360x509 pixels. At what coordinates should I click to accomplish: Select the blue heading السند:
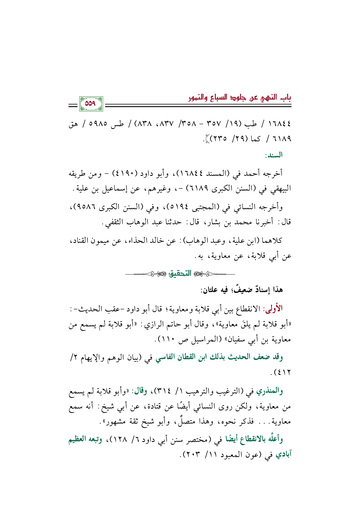coord(273,155)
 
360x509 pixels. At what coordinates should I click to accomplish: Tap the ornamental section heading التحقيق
coord(180,273)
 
